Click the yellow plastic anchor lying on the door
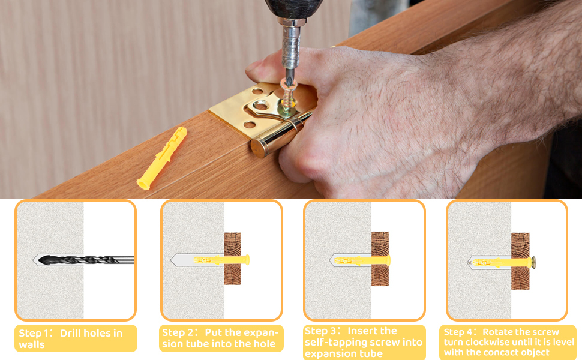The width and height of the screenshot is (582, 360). (162, 158)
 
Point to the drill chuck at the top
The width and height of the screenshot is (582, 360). (293, 9)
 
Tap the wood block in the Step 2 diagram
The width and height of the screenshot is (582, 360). (232, 259)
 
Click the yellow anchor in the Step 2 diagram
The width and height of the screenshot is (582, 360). (221, 260)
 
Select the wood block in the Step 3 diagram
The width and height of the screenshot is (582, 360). (380, 259)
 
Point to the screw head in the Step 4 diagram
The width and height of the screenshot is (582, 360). (534, 262)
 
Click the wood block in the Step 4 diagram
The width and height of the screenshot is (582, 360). (520, 261)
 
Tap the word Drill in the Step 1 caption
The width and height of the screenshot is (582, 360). (71, 333)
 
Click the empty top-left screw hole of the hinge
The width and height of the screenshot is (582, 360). (257, 91)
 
